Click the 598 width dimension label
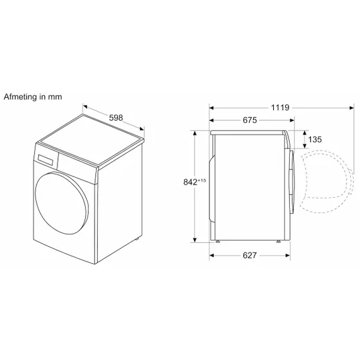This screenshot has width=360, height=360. click(116, 118)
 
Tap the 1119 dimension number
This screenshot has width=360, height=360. click(280, 108)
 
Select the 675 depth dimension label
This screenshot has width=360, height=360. click(250, 120)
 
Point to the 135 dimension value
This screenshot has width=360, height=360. click(315, 139)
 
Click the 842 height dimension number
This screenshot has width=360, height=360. click(191, 182)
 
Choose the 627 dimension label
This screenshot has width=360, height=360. click(250, 255)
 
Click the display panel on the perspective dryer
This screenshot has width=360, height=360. click(46, 160)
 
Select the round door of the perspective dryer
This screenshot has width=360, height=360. click(62, 204)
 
